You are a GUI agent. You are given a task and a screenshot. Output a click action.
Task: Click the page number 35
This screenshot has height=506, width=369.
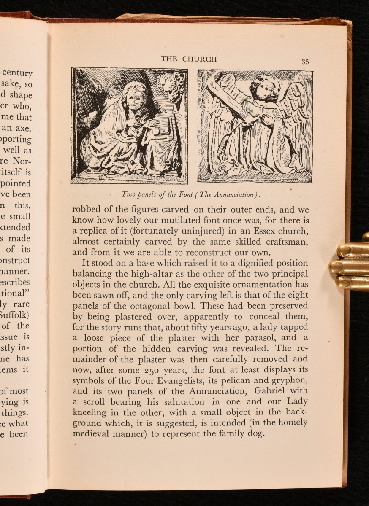click(305, 62)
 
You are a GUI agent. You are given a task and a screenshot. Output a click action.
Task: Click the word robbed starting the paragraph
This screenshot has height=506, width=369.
click(86, 210)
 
